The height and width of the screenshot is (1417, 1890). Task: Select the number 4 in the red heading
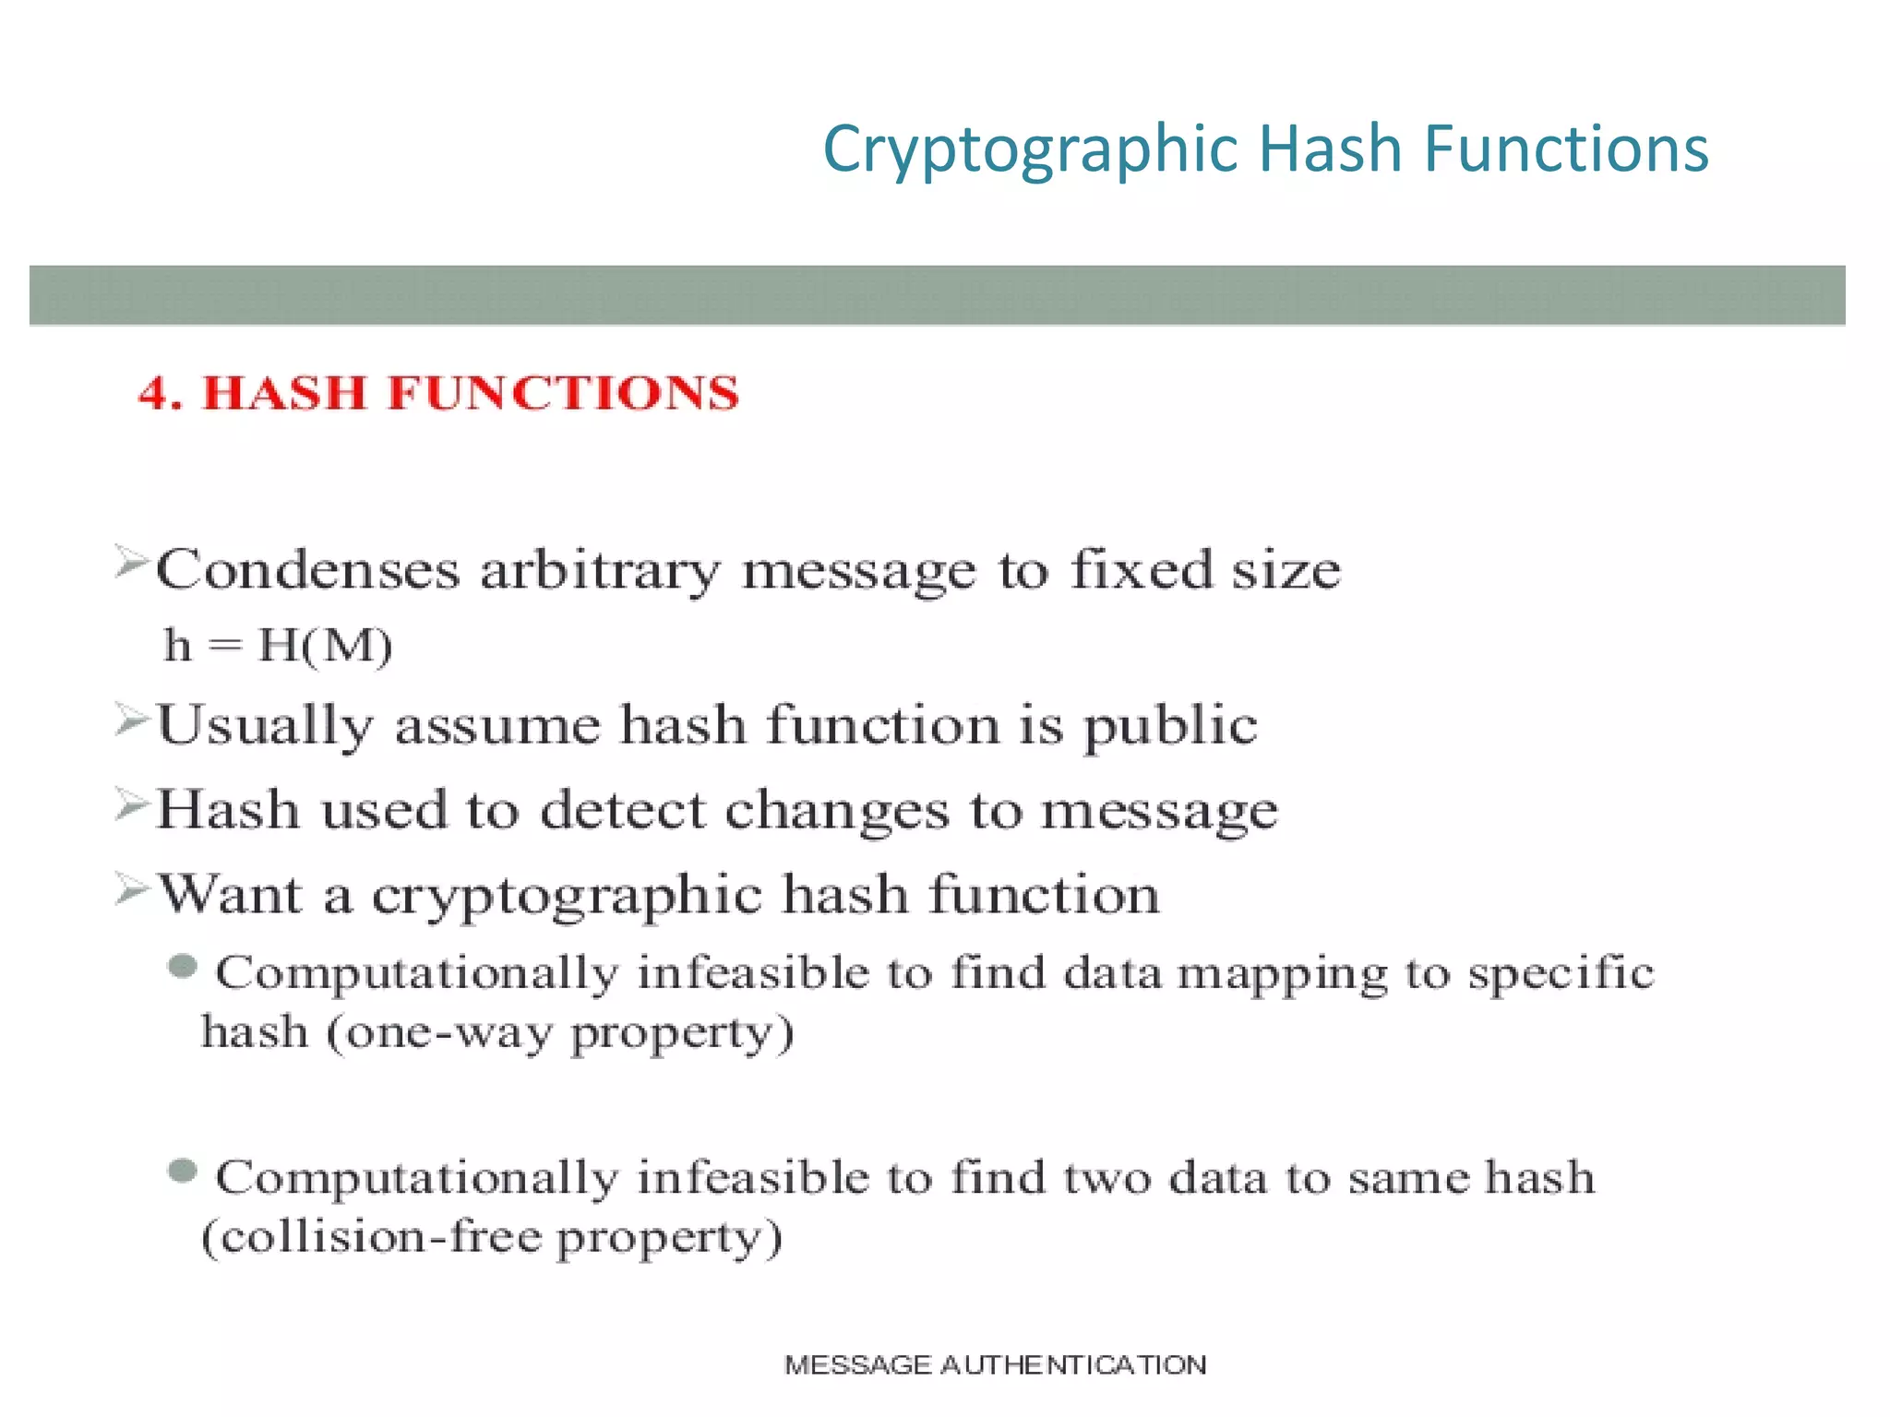coord(152,393)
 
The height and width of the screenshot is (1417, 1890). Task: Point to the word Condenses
coord(307,569)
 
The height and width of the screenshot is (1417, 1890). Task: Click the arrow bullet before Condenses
coord(132,562)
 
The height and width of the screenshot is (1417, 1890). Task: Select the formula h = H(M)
coord(278,645)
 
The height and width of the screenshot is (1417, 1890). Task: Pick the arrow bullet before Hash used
coord(132,804)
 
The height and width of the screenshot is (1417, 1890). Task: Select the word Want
coord(231,894)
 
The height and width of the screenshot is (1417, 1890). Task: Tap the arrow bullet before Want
coord(132,889)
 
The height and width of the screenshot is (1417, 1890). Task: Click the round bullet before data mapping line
coord(183,967)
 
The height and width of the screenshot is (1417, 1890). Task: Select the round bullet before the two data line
coord(183,1172)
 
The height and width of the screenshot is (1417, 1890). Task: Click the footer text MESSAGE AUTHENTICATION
coord(995,1364)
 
